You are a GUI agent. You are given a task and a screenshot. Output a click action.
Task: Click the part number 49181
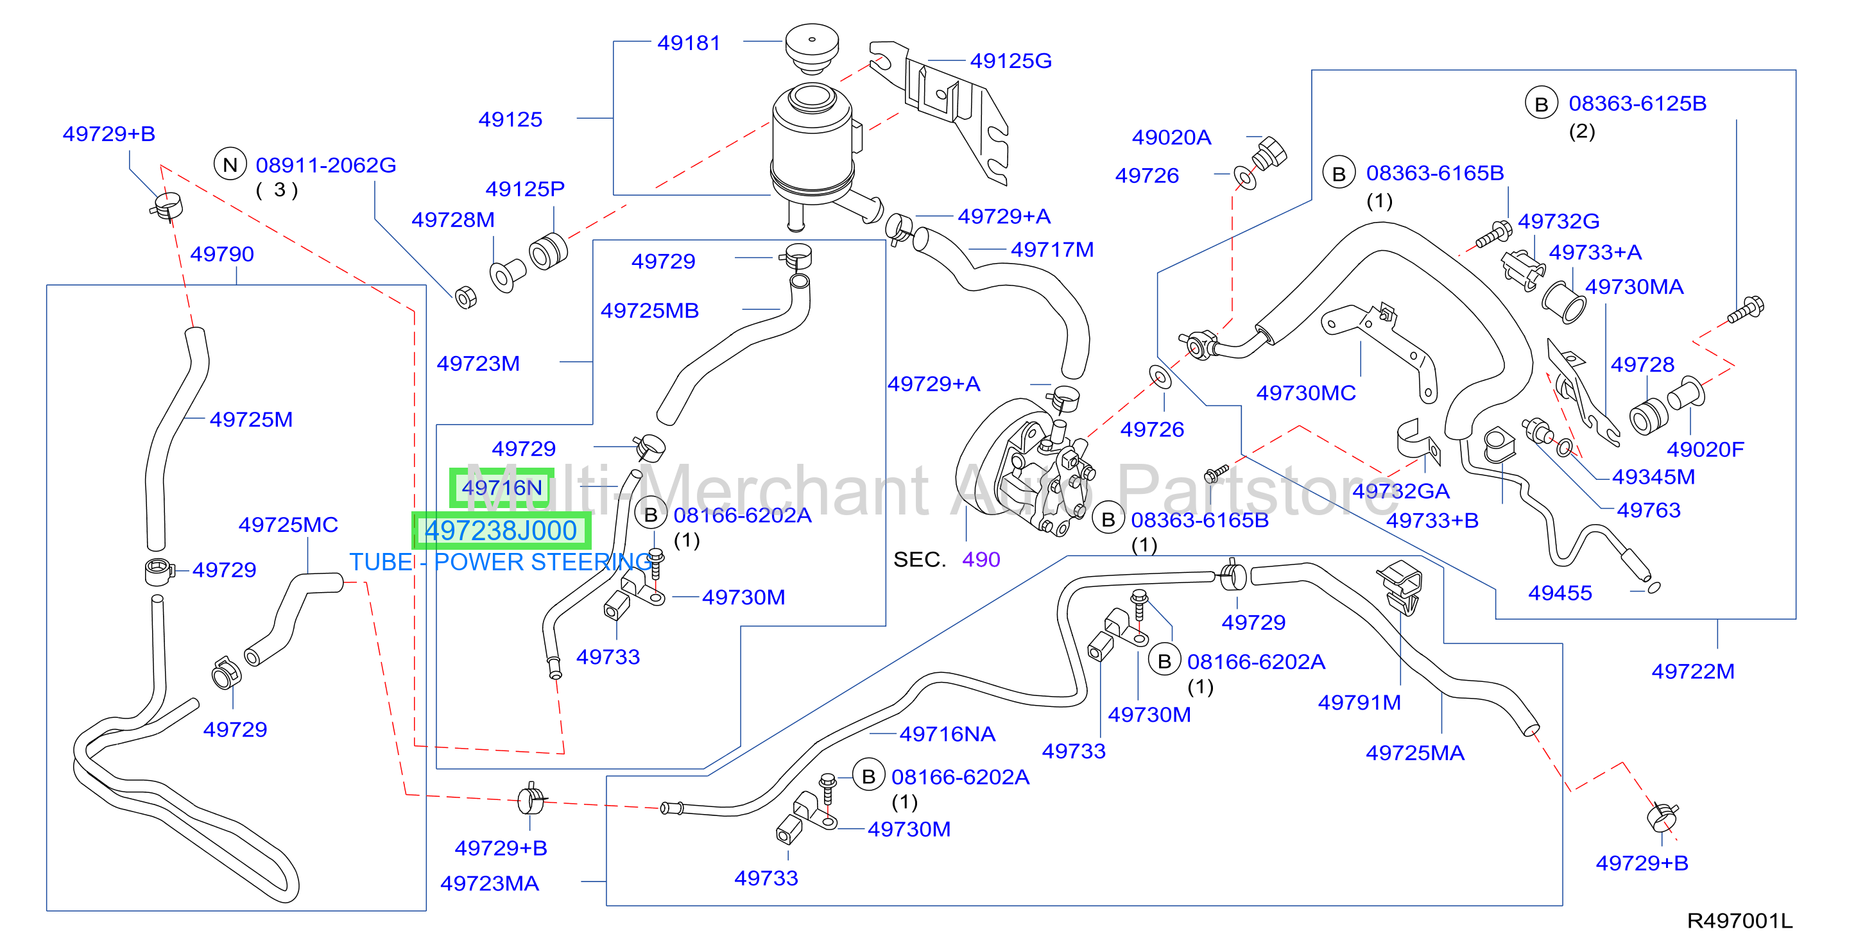pyautogui.click(x=689, y=44)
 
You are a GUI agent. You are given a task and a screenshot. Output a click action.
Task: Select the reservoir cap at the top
pyautogui.click(x=812, y=47)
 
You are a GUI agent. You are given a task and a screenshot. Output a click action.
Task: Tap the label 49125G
pyautogui.click(x=1011, y=61)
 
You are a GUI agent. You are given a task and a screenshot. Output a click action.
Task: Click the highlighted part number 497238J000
pyautogui.click(x=501, y=531)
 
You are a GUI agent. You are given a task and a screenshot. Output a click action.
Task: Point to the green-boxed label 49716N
pyautogui.click(x=502, y=488)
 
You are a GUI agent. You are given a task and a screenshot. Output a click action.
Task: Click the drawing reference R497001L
pyautogui.click(x=1739, y=921)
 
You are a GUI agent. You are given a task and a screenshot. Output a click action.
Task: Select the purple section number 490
pyautogui.click(x=981, y=559)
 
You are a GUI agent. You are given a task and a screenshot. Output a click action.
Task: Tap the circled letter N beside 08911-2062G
pyautogui.click(x=230, y=166)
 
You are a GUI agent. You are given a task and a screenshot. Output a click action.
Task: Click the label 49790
pyautogui.click(x=222, y=254)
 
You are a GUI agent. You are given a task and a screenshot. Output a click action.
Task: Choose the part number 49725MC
pyautogui.click(x=288, y=525)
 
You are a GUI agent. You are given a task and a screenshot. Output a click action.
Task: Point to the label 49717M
pyautogui.click(x=1052, y=250)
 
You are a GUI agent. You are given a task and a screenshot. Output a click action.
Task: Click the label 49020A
pyautogui.click(x=1171, y=137)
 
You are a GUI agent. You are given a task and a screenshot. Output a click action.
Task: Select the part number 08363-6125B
pyautogui.click(x=1637, y=103)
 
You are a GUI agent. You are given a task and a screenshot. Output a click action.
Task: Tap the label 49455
pyautogui.click(x=1560, y=593)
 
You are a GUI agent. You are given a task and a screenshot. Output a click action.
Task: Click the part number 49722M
pyautogui.click(x=1693, y=671)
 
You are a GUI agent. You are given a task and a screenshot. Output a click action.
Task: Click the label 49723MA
pyautogui.click(x=490, y=883)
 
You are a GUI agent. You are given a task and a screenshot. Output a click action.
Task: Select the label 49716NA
pyautogui.click(x=947, y=734)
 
